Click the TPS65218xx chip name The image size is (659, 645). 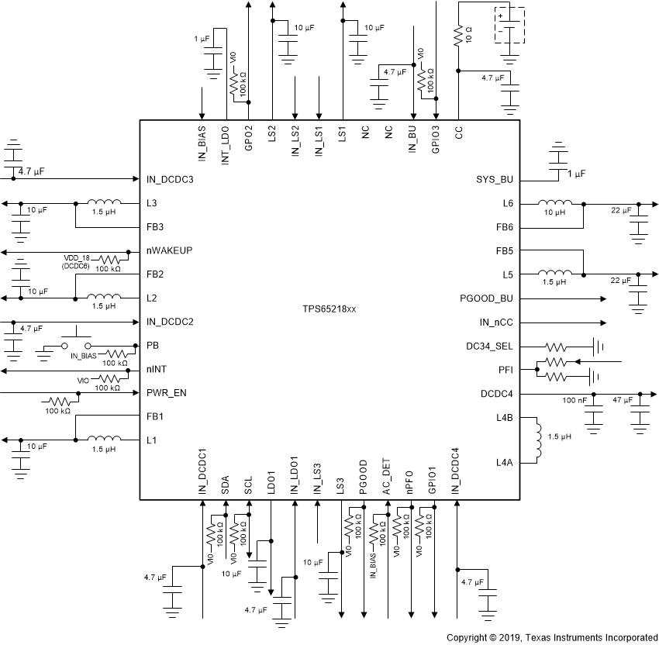click(x=329, y=309)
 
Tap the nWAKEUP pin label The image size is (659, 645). click(x=169, y=251)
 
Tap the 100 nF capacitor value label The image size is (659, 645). click(x=574, y=400)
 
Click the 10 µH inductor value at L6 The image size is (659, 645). click(x=553, y=212)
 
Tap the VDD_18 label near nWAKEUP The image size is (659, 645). click(x=78, y=257)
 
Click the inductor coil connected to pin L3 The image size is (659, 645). click(x=104, y=204)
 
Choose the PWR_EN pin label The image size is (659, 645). click(x=167, y=394)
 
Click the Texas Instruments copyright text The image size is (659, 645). click(x=552, y=637)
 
